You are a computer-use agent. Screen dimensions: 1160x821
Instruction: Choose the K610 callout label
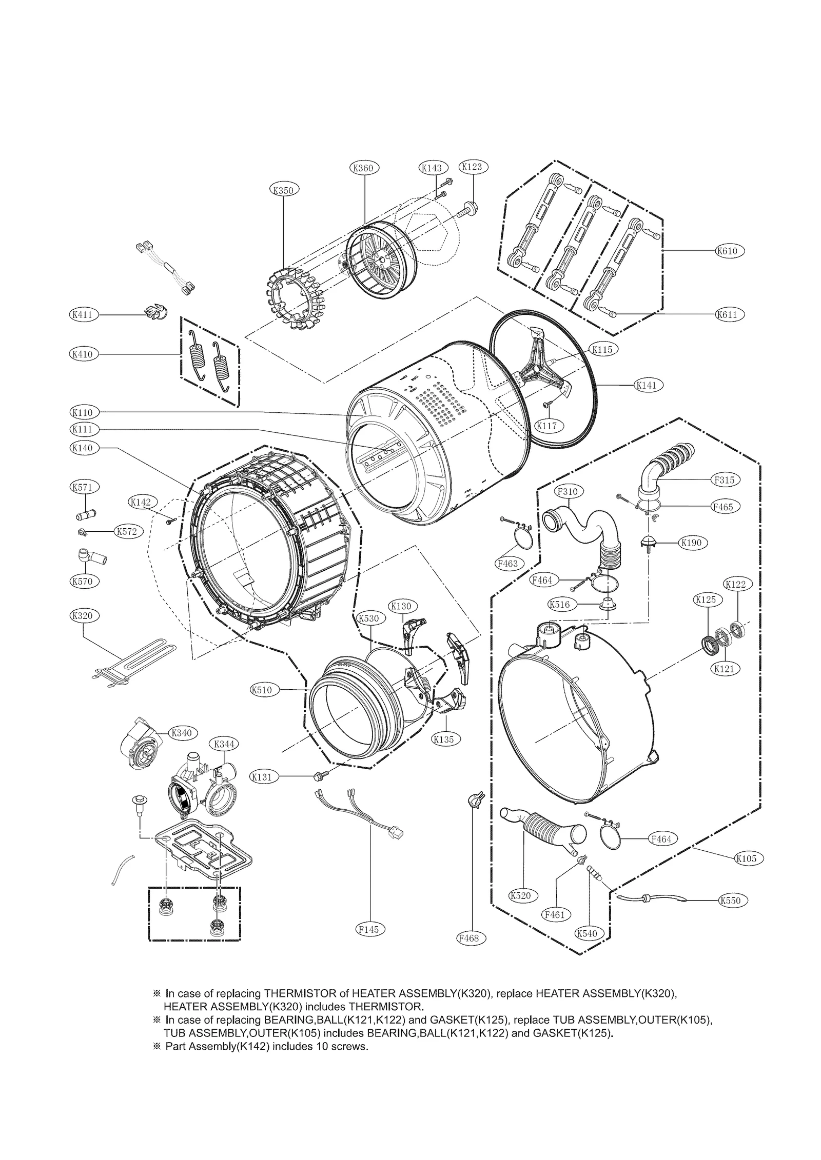(x=729, y=250)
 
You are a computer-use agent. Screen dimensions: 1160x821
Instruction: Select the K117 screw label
(x=549, y=425)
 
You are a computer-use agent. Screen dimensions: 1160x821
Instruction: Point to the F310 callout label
(x=566, y=492)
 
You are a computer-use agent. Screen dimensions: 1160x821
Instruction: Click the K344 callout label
(x=224, y=744)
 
